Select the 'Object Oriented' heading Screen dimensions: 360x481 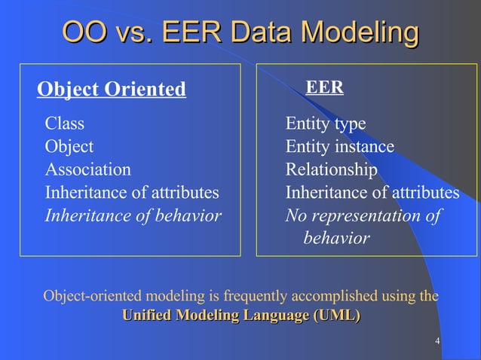(112, 90)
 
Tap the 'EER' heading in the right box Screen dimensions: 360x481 (324, 88)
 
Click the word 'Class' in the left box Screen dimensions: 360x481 (65, 123)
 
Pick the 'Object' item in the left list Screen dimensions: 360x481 (69, 146)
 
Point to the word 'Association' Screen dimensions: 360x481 (87, 169)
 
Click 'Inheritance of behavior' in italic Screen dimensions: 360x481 (133, 216)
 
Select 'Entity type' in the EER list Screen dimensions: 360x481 (325, 124)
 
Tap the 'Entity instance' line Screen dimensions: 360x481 (339, 146)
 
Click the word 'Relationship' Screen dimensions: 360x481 (331, 169)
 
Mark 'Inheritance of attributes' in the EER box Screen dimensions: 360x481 (372, 193)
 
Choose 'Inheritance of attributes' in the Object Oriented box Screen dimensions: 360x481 (132, 193)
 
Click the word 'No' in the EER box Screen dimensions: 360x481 (295, 216)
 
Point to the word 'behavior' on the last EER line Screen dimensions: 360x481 (336, 239)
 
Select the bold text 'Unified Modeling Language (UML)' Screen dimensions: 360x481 (240, 315)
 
